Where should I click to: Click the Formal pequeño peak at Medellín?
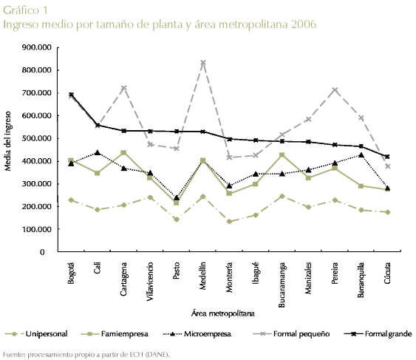point(203,63)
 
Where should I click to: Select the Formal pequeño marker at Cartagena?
point(123,88)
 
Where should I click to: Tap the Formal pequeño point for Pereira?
point(335,90)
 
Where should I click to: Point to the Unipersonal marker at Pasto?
point(177,220)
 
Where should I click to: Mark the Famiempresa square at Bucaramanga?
point(282,154)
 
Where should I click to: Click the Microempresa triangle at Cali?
point(98,153)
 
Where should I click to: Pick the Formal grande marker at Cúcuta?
point(387,157)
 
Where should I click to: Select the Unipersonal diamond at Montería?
point(229,222)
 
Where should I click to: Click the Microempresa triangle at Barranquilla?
point(361,155)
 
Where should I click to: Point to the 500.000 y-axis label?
point(37,138)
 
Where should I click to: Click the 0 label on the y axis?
point(42,252)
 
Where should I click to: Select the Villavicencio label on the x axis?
point(150,282)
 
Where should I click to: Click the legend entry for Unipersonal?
point(36,333)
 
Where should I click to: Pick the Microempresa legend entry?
point(197,333)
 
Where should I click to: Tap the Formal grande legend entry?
point(378,333)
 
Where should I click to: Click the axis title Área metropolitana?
point(223,313)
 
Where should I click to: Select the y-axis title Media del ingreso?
point(8,141)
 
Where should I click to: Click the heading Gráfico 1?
point(25,10)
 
